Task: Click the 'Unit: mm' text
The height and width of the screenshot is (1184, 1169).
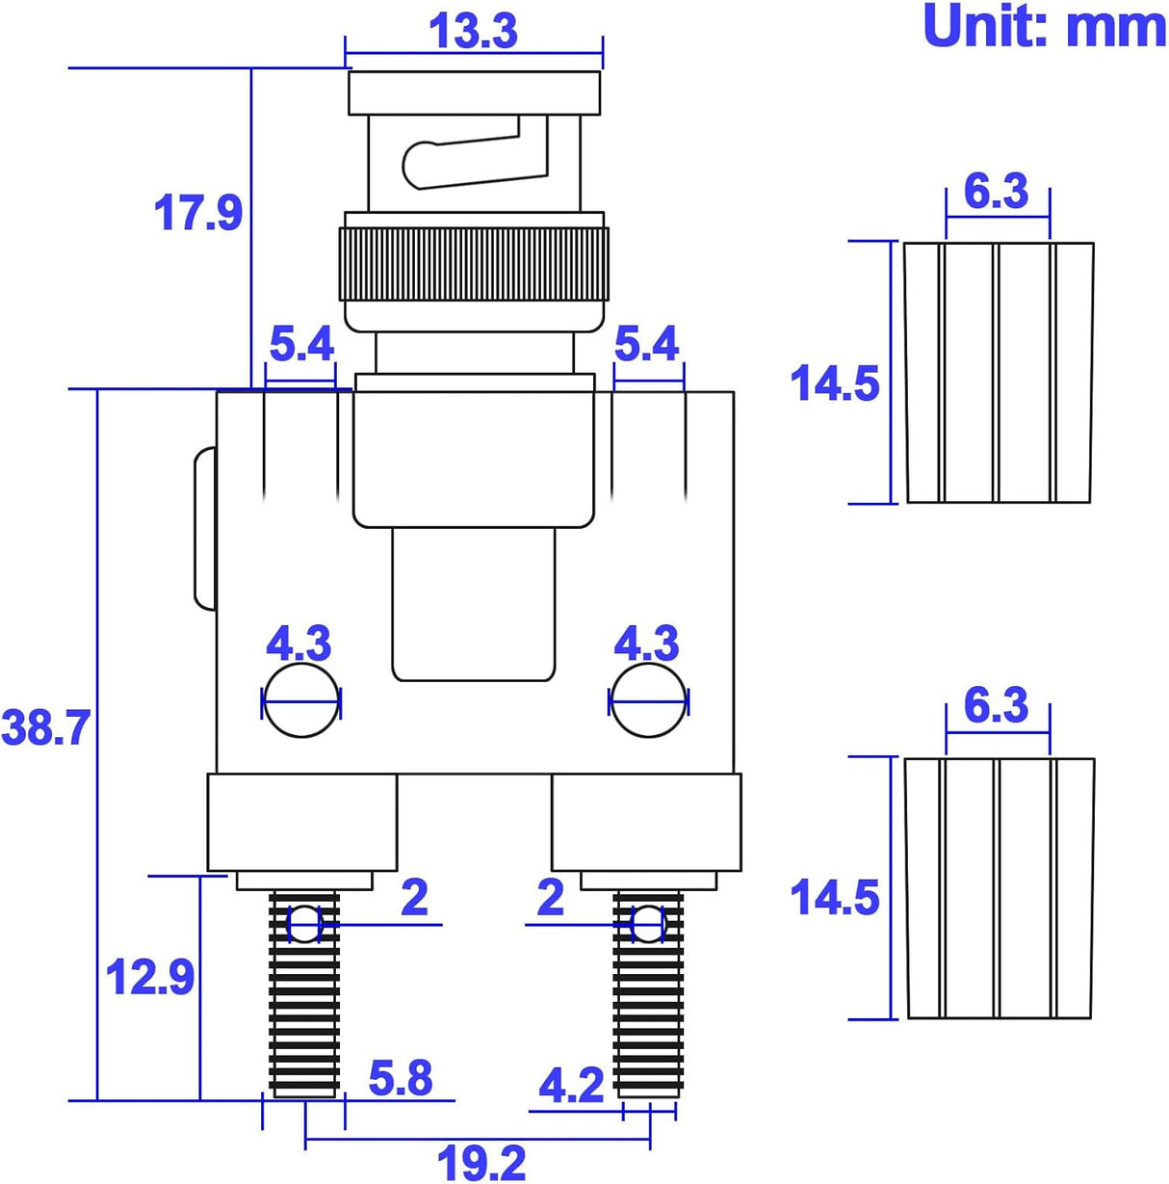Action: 1044,26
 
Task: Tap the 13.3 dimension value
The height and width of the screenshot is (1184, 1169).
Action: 473,31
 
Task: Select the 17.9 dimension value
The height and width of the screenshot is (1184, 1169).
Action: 197,213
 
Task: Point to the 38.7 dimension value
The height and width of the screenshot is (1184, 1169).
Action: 46,727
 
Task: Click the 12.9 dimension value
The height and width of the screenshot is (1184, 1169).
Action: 150,977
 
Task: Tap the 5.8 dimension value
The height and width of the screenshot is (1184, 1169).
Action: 401,1076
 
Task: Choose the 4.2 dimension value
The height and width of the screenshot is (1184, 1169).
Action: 571,1086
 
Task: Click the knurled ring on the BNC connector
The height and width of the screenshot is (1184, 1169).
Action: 474,264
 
